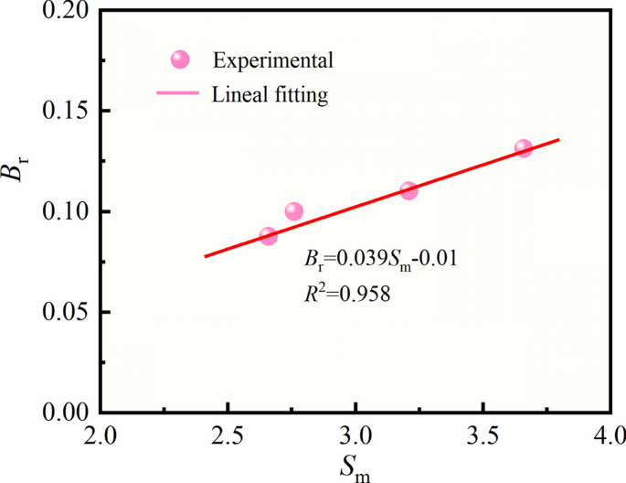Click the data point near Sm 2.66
point(268,236)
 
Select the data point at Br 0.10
point(293,212)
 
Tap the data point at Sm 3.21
point(408,190)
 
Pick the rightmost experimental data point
point(524,148)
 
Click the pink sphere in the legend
point(180,60)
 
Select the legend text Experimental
point(272,61)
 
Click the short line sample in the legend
point(179,93)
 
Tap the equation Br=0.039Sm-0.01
point(379,259)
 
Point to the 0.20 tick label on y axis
point(63,11)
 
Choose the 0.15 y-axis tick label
point(63,112)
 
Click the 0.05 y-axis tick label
point(63,312)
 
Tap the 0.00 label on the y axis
point(63,413)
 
